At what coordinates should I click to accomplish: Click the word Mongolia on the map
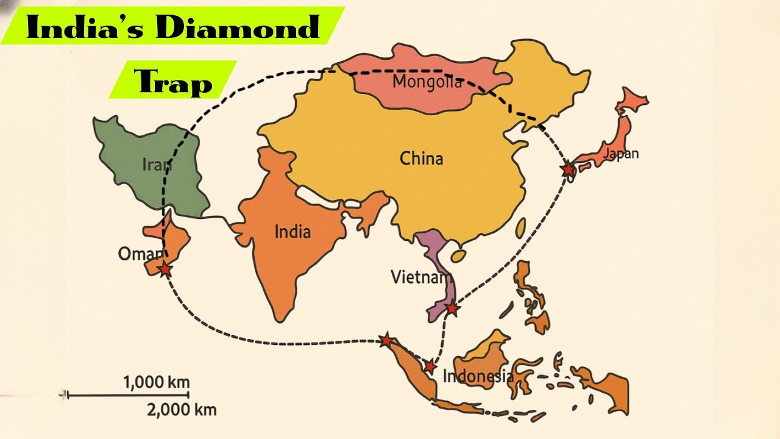point(427,82)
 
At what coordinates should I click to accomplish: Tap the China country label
point(421,159)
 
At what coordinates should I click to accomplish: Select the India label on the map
point(292,232)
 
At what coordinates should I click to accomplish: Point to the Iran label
point(157,165)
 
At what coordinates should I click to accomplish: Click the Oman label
point(140,254)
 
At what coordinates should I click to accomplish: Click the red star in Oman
point(165,269)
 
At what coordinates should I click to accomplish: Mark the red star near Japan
point(568,169)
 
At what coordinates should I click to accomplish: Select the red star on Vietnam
point(451,309)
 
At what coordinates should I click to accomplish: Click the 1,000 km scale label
point(157,382)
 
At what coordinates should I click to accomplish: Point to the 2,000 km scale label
point(182,410)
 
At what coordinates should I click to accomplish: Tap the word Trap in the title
point(174,83)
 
